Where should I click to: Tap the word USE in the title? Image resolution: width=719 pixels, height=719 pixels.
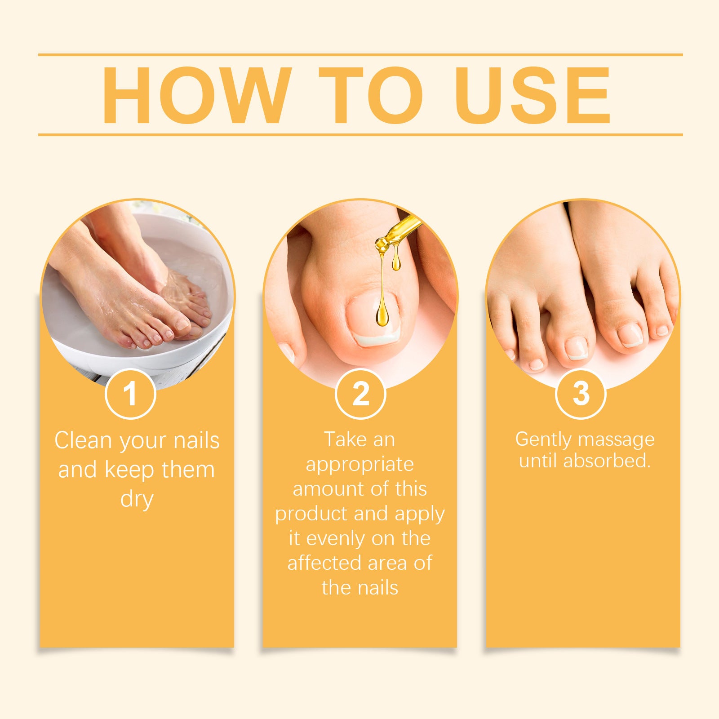(x=533, y=95)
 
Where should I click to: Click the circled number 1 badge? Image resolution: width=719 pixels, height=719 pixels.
(x=130, y=394)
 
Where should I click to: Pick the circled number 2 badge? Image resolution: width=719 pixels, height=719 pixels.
(x=360, y=394)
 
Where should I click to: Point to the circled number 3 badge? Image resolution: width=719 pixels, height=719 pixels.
(x=581, y=394)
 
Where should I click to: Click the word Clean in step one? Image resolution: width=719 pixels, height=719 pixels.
(x=83, y=440)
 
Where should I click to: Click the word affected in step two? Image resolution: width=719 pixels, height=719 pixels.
(x=324, y=563)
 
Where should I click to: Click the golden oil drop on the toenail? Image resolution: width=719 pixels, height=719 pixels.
(x=382, y=315)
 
